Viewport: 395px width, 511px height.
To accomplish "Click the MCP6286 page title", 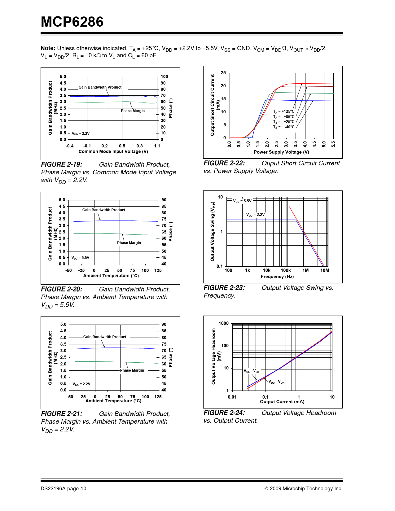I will (x=72, y=22).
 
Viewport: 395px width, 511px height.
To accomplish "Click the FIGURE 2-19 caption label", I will (x=62, y=164).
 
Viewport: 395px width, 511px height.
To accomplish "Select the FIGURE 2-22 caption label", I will (x=224, y=163).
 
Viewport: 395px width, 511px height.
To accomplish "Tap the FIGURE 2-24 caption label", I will (x=224, y=413).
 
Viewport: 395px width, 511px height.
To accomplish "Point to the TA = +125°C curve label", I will (x=284, y=111).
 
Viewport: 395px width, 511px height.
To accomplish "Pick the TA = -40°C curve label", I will (x=284, y=127).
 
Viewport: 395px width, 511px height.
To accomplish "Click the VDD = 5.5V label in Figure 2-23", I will (x=242, y=201).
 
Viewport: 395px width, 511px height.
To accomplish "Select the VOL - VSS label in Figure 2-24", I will (x=251, y=371).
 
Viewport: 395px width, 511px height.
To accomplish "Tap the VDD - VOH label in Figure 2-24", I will (x=276, y=382).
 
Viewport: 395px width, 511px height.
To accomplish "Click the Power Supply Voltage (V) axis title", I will (x=281, y=152).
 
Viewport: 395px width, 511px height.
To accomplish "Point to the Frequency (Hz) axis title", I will (x=277, y=277).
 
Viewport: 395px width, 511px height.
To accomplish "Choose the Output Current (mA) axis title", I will (x=282, y=402).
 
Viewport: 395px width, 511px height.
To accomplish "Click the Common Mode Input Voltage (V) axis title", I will (x=113, y=151).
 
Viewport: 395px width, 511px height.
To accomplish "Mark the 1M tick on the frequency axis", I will (x=305, y=270).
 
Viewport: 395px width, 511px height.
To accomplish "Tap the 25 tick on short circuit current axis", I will (x=223, y=73).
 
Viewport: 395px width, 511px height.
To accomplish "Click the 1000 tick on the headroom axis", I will (x=224, y=323).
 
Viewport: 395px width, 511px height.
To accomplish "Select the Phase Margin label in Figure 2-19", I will (x=133, y=111).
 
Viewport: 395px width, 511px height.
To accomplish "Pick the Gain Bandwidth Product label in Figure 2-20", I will (x=103, y=210).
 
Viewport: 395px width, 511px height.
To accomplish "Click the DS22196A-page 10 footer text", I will (x=64, y=489).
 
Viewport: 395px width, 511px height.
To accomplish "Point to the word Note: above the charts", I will (x=48, y=48).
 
